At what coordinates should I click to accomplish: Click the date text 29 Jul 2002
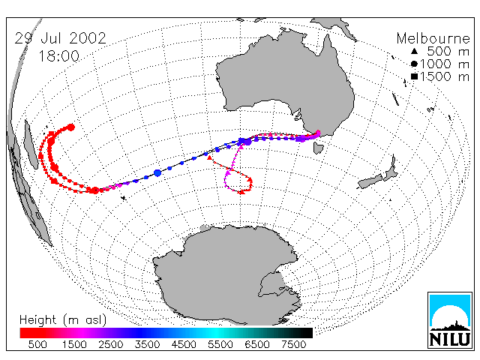click(60, 38)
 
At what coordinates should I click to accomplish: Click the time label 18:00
click(58, 56)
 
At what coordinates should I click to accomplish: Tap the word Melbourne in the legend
click(433, 38)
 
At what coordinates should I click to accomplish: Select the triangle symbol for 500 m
click(414, 52)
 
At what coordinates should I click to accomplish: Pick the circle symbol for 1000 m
click(414, 64)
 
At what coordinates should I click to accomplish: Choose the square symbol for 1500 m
click(414, 76)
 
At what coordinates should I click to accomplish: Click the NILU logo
click(450, 320)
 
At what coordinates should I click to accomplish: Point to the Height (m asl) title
click(63, 320)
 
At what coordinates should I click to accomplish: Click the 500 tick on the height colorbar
click(37, 344)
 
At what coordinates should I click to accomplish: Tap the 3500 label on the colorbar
click(147, 344)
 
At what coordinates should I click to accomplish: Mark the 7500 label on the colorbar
click(293, 344)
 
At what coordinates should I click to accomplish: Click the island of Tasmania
click(318, 148)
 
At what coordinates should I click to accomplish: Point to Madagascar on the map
click(31, 144)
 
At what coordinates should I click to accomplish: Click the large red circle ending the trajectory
click(71, 127)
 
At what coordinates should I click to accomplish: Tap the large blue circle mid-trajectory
click(157, 173)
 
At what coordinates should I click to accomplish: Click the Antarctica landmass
click(227, 274)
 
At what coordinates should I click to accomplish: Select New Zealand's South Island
click(370, 181)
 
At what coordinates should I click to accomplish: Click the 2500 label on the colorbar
click(111, 344)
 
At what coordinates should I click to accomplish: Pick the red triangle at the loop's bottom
click(241, 192)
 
